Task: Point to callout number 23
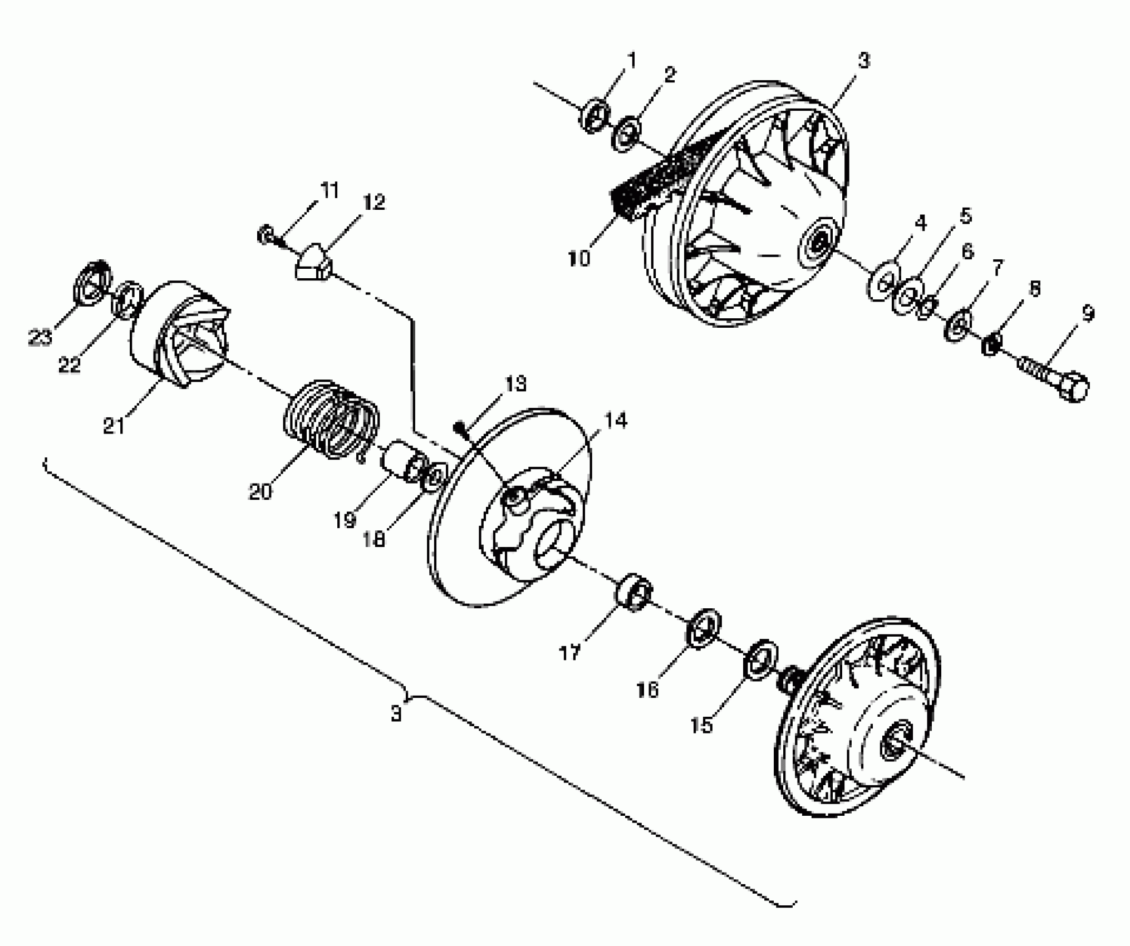(40, 337)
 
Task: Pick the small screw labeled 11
(266, 235)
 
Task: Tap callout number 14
(615, 421)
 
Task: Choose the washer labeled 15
(759, 660)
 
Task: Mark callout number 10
(579, 259)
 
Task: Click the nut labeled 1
(593, 116)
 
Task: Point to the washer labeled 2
(626, 134)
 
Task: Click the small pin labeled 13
(460, 428)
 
